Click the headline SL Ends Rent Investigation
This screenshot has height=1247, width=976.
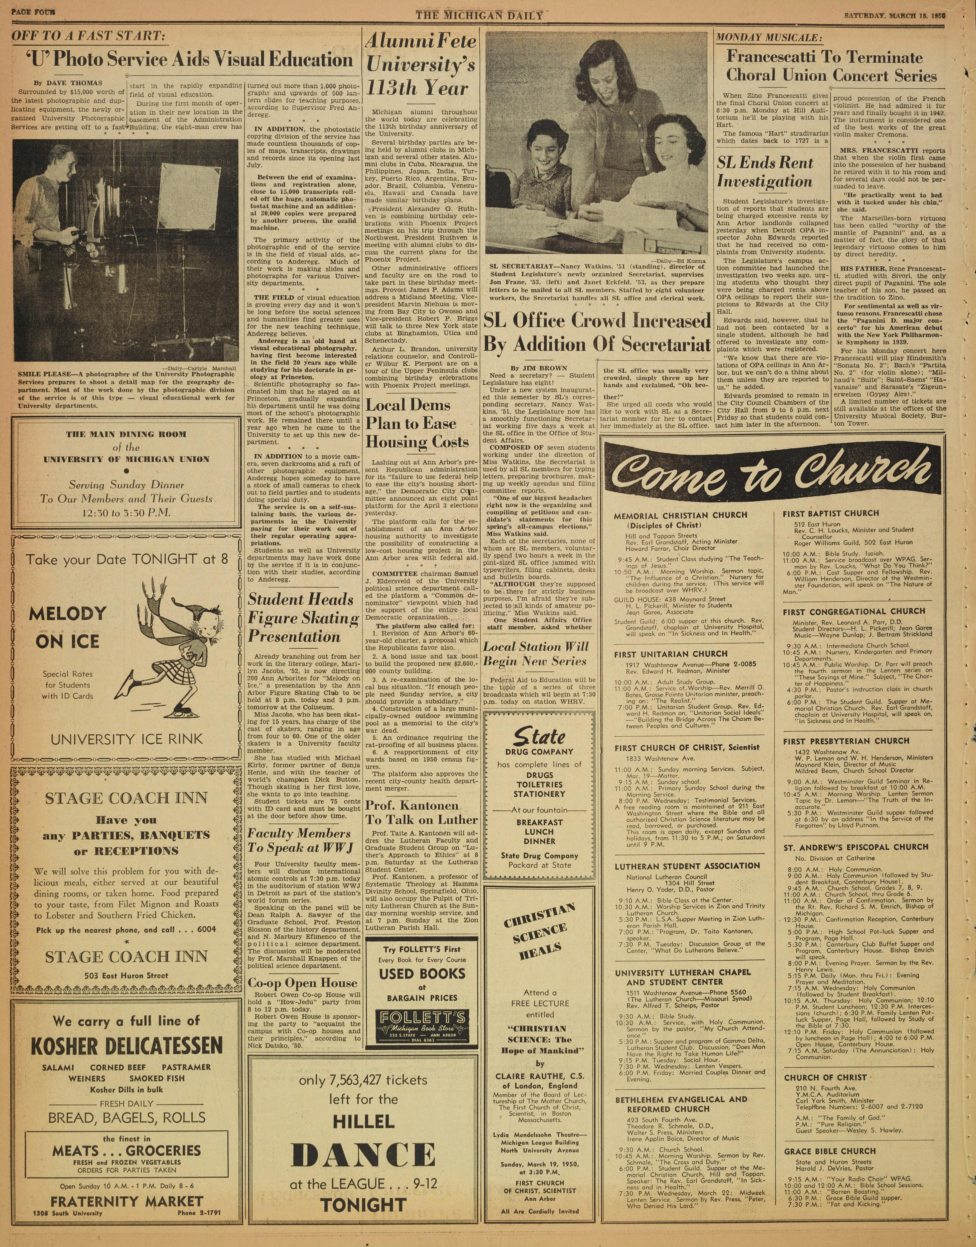pyautogui.click(x=765, y=172)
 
